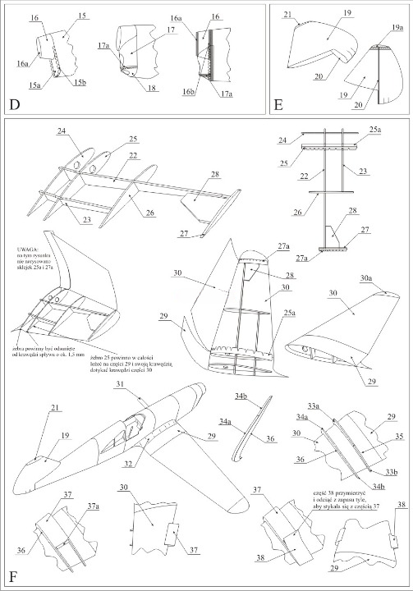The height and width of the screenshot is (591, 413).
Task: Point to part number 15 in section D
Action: click(x=82, y=16)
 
